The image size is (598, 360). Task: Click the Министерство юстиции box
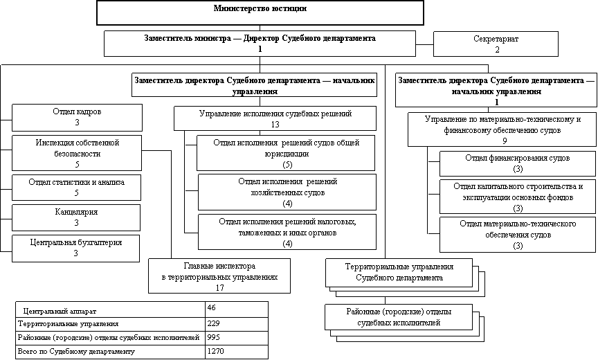260,12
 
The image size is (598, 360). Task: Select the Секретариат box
496,44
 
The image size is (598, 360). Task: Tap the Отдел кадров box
77,117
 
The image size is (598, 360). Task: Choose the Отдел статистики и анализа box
77,187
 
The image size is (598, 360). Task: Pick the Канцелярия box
76,217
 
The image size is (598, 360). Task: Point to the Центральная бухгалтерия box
76,248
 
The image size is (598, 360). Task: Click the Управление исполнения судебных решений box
275,118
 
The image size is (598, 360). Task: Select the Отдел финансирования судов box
518,163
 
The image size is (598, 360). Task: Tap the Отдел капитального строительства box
518,197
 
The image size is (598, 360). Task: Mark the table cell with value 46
235,307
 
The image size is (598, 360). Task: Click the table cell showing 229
235,323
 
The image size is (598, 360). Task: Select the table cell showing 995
235,337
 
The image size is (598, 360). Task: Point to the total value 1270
235,352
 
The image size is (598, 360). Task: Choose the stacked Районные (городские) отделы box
398,318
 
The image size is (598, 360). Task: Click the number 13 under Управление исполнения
275,125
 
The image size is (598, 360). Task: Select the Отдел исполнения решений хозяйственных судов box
287,192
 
